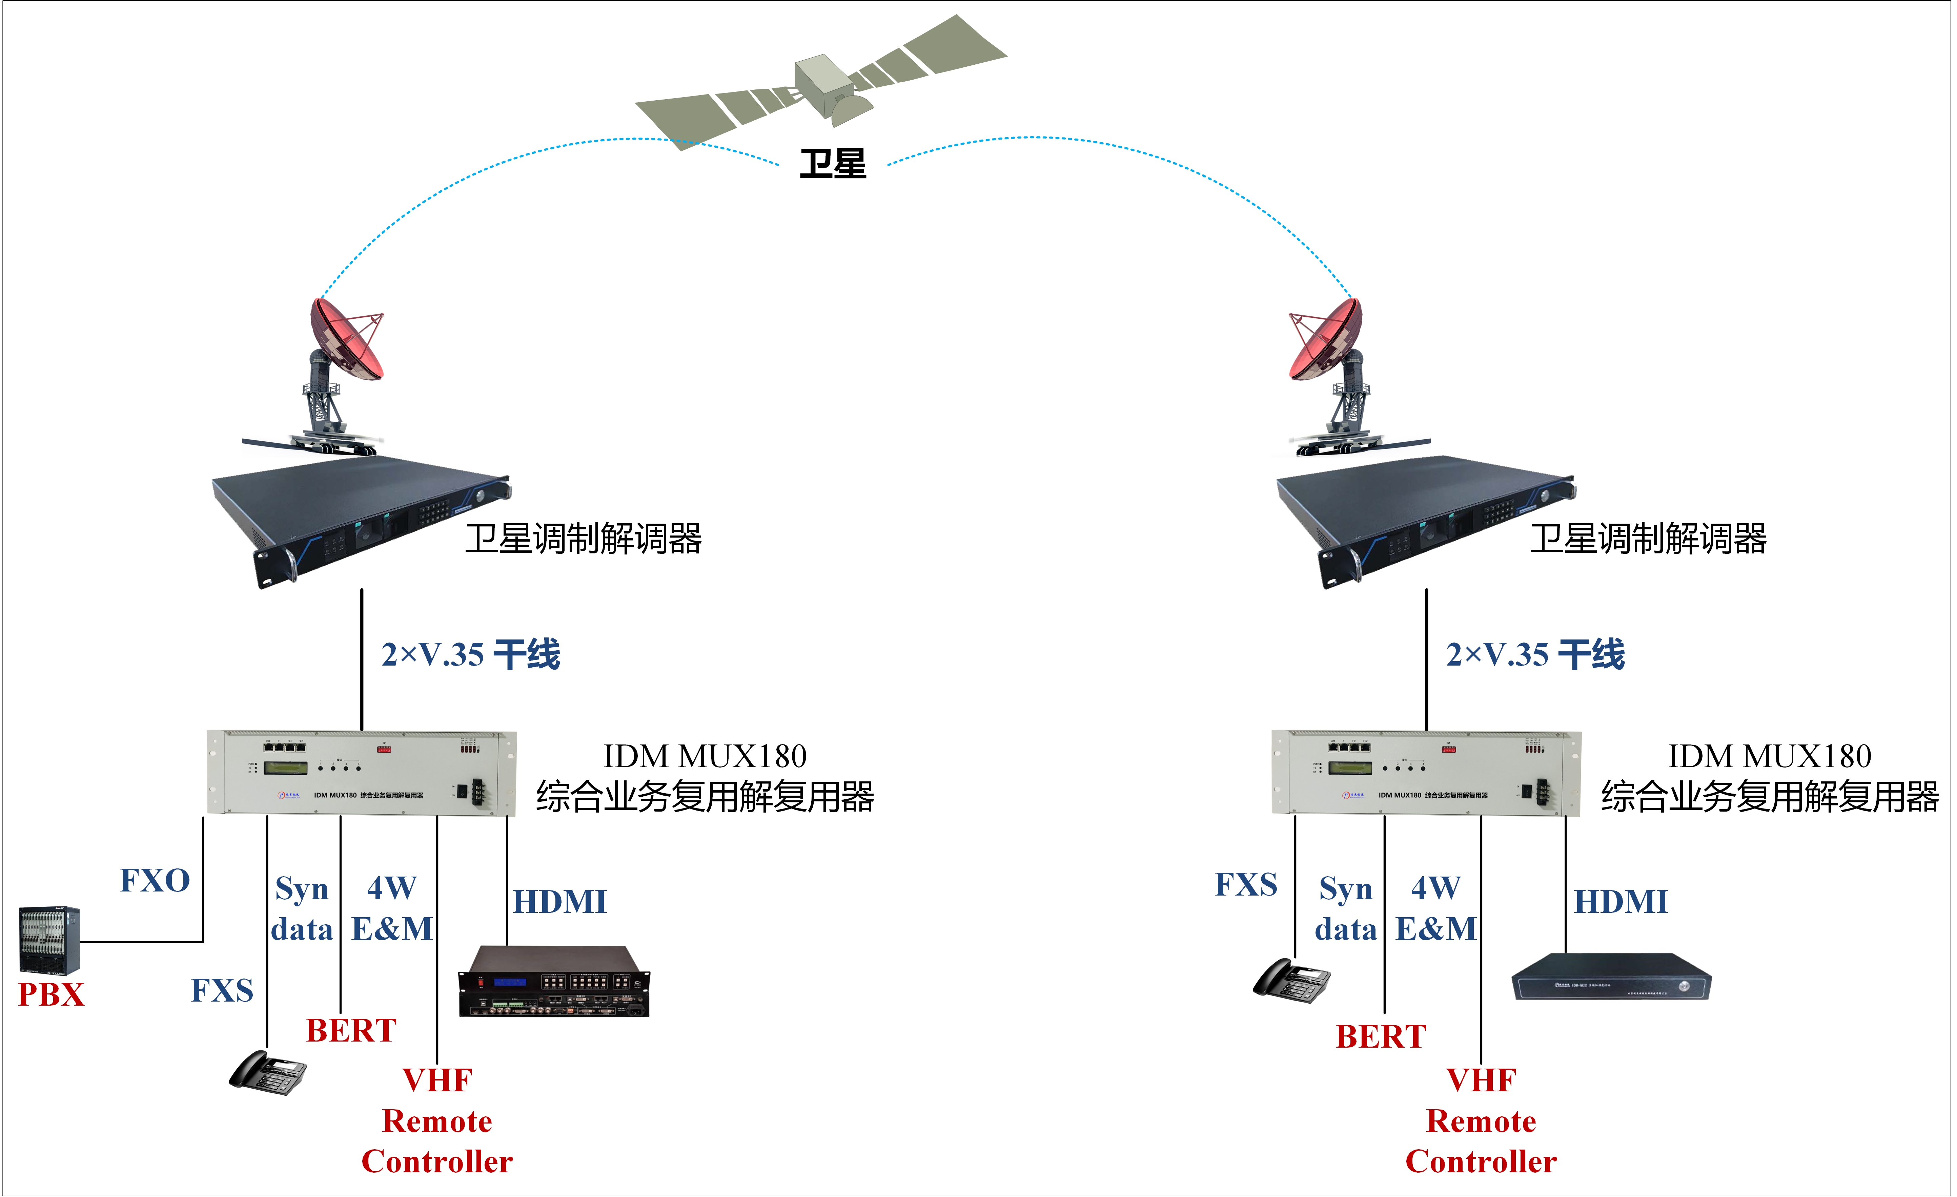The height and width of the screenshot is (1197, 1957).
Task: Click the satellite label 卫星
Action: (832, 164)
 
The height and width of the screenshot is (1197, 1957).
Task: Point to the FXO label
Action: (155, 880)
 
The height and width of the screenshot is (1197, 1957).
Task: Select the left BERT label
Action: (351, 1030)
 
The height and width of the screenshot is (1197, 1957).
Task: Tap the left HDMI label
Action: (559, 902)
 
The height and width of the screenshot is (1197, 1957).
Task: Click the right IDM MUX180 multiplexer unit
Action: (1426, 772)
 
